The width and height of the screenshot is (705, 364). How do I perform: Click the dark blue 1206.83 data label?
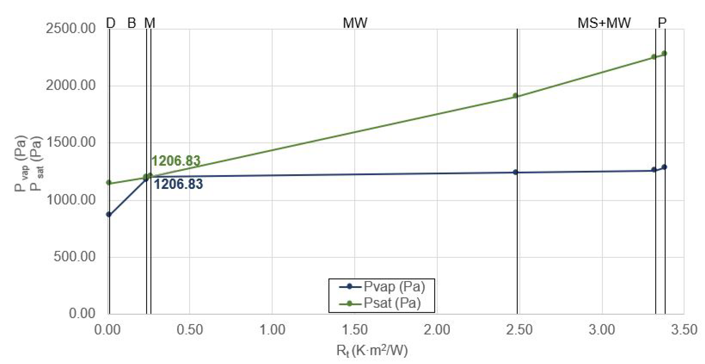178,184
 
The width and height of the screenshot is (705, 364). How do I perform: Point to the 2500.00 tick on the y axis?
71,28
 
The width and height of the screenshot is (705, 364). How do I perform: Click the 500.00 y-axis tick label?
74,257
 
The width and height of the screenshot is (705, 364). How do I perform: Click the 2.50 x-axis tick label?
519,330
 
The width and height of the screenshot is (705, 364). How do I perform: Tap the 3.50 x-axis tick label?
684,330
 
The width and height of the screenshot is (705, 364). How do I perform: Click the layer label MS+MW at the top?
604,23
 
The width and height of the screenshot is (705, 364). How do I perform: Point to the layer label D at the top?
111,23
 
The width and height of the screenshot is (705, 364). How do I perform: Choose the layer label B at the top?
132,23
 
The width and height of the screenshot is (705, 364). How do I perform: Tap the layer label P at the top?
662,23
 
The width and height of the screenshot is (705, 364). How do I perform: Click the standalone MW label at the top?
355,23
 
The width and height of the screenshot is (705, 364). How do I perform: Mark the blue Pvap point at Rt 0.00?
109,214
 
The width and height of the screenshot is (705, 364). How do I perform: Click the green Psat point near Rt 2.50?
515,96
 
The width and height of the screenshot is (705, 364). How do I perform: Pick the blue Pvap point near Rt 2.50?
515,172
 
